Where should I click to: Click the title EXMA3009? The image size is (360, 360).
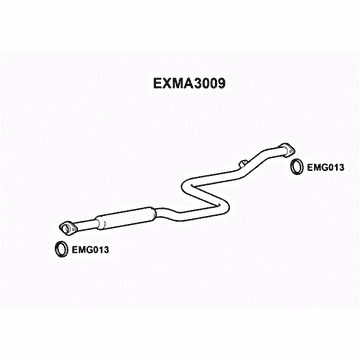click(x=180, y=85)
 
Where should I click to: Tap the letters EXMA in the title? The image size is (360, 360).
click(x=162, y=85)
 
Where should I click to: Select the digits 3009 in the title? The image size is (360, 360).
click(x=201, y=85)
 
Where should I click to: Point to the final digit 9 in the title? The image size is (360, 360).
click(x=215, y=85)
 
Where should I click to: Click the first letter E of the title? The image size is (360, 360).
click(x=146, y=85)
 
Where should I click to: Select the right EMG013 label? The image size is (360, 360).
click(x=326, y=167)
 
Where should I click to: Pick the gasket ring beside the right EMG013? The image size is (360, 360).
click(x=296, y=166)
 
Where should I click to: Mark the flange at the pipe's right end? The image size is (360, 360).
click(x=290, y=150)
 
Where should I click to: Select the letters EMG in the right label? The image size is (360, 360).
click(x=317, y=167)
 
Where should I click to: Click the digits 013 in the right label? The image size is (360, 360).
click(x=336, y=167)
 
